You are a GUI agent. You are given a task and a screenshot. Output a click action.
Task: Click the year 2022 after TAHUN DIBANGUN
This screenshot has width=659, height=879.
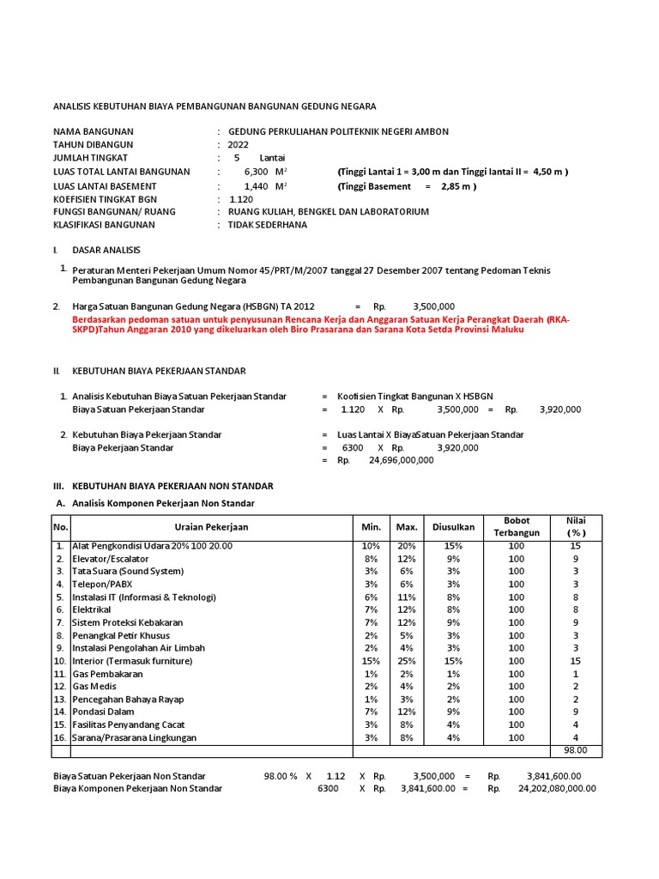[238, 145]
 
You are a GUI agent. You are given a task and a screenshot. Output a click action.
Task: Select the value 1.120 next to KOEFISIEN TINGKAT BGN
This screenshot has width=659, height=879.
[241, 198]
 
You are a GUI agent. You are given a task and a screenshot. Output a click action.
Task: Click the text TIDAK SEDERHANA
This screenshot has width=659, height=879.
[267, 225]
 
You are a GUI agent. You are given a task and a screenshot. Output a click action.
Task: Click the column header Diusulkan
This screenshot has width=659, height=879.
[453, 526]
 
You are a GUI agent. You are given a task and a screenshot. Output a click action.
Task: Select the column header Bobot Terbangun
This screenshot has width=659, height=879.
[516, 526]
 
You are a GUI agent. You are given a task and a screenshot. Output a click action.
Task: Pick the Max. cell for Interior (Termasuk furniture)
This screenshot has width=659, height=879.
[405, 661]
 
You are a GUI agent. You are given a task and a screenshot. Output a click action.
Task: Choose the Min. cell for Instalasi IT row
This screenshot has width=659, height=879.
[370, 597]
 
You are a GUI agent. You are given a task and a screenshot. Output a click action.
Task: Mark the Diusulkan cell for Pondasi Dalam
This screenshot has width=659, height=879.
[453, 712]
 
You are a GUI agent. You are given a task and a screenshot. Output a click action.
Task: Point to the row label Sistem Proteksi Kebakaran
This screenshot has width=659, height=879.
[128, 622]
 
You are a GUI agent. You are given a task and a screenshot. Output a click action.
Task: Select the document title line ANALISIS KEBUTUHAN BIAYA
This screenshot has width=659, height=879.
[214, 106]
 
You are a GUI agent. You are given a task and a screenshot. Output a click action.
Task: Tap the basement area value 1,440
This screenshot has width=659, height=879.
[257, 185]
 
